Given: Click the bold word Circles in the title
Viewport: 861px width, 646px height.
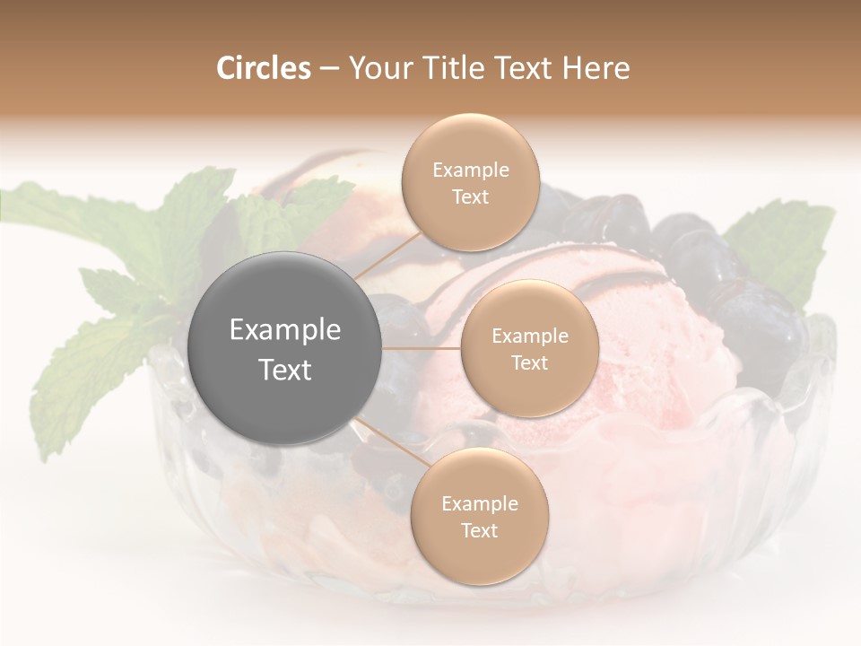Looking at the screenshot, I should pyautogui.click(x=263, y=68).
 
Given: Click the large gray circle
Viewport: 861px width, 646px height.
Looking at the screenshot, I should pyautogui.click(x=285, y=348).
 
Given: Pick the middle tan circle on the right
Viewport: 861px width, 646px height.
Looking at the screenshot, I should pyautogui.click(x=529, y=349).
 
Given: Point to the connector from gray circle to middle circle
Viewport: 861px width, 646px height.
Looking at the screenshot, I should pyautogui.click(x=422, y=347).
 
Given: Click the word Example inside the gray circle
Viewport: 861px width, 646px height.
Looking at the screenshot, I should pyautogui.click(x=285, y=330).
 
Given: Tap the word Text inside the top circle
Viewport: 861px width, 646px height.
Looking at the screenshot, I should pyautogui.click(x=470, y=197).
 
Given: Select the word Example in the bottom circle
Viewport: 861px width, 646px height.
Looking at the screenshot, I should pyautogui.click(x=479, y=504).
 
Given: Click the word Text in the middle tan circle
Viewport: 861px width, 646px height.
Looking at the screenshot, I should pyautogui.click(x=529, y=363).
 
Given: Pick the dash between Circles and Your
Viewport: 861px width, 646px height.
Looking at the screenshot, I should pyautogui.click(x=328, y=69).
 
